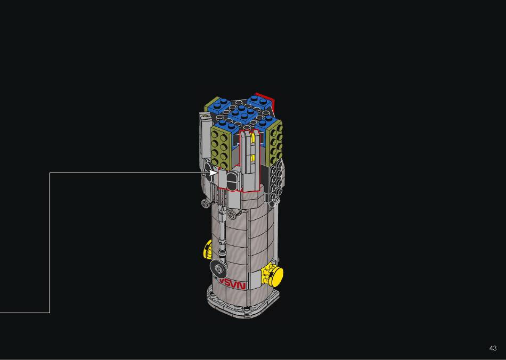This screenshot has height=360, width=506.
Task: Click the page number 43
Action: pyautogui.click(x=493, y=348)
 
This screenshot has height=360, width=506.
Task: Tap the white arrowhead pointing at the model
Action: pyautogui.click(x=214, y=173)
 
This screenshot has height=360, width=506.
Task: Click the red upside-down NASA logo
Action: pyautogui.click(x=232, y=284)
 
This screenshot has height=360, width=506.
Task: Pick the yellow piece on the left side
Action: pyautogui.click(x=207, y=249)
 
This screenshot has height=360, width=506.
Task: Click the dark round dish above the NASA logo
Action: pyautogui.click(x=218, y=268)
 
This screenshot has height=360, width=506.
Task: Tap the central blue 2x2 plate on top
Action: pyautogui.click(x=241, y=112)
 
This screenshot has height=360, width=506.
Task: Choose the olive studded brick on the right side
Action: pyautogui.click(x=275, y=142)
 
